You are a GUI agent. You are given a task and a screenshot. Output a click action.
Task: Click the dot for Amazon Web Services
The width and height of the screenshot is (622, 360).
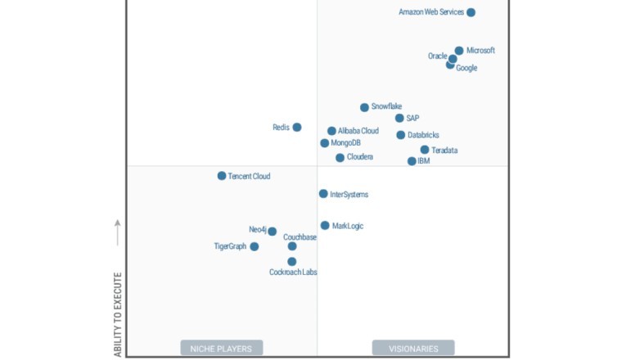(x=471, y=12)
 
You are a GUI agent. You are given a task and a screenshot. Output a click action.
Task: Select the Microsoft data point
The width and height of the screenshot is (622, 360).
(x=459, y=51)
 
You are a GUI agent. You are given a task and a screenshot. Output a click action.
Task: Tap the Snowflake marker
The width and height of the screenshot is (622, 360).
(x=364, y=107)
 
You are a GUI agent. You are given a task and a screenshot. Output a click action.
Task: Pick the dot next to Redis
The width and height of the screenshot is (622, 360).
(x=297, y=127)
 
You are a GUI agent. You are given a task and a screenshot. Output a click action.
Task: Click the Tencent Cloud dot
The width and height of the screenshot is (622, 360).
(x=222, y=176)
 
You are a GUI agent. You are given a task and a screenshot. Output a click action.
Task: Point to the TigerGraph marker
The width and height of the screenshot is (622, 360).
(x=255, y=246)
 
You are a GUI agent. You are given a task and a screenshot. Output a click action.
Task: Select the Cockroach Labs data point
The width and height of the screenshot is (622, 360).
(x=292, y=262)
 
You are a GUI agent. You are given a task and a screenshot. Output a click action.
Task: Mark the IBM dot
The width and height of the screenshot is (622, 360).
(x=412, y=161)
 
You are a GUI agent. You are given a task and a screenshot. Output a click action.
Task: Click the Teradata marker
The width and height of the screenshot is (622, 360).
(x=425, y=150)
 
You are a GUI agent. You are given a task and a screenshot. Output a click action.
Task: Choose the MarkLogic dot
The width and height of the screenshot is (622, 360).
(x=325, y=225)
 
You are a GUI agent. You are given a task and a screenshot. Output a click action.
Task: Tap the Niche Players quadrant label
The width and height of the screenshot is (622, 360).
(x=222, y=349)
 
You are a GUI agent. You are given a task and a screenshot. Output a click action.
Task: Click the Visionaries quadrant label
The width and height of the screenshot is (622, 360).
(x=413, y=349)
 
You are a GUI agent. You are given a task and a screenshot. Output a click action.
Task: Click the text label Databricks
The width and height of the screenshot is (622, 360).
(x=424, y=135)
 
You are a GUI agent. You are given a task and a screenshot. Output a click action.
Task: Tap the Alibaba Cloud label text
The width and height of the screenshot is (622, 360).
(x=358, y=131)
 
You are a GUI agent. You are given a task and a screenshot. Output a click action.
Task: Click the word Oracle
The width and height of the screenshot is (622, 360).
(x=437, y=56)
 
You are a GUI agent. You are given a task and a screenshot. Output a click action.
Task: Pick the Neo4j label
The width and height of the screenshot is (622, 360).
(x=257, y=230)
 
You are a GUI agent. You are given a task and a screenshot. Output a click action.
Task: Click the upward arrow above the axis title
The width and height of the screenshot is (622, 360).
(x=118, y=232)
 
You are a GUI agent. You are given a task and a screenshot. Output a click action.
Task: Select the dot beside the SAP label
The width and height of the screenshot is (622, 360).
(x=399, y=118)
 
